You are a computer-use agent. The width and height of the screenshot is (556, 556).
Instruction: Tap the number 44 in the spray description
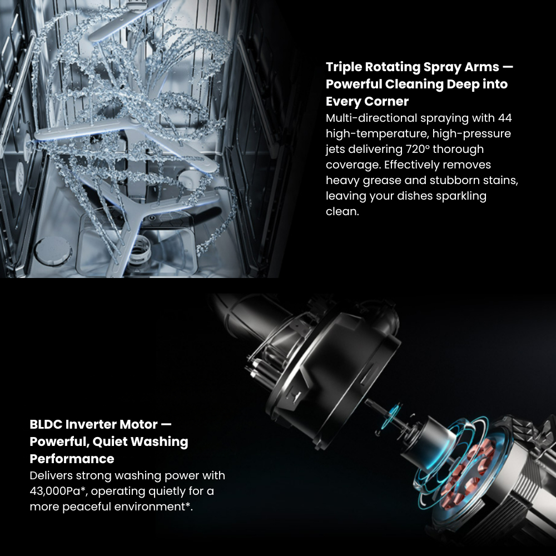[x=505, y=118]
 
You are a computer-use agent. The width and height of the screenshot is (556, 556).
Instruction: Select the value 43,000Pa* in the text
[x=58, y=491]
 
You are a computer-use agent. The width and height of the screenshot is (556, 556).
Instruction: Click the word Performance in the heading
[x=72, y=459]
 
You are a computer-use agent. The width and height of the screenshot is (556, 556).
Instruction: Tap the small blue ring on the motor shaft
[x=394, y=413]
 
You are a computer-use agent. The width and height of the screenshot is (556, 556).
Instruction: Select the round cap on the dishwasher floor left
[x=53, y=251]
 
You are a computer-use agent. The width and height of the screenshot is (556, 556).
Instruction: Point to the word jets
[x=335, y=149]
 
